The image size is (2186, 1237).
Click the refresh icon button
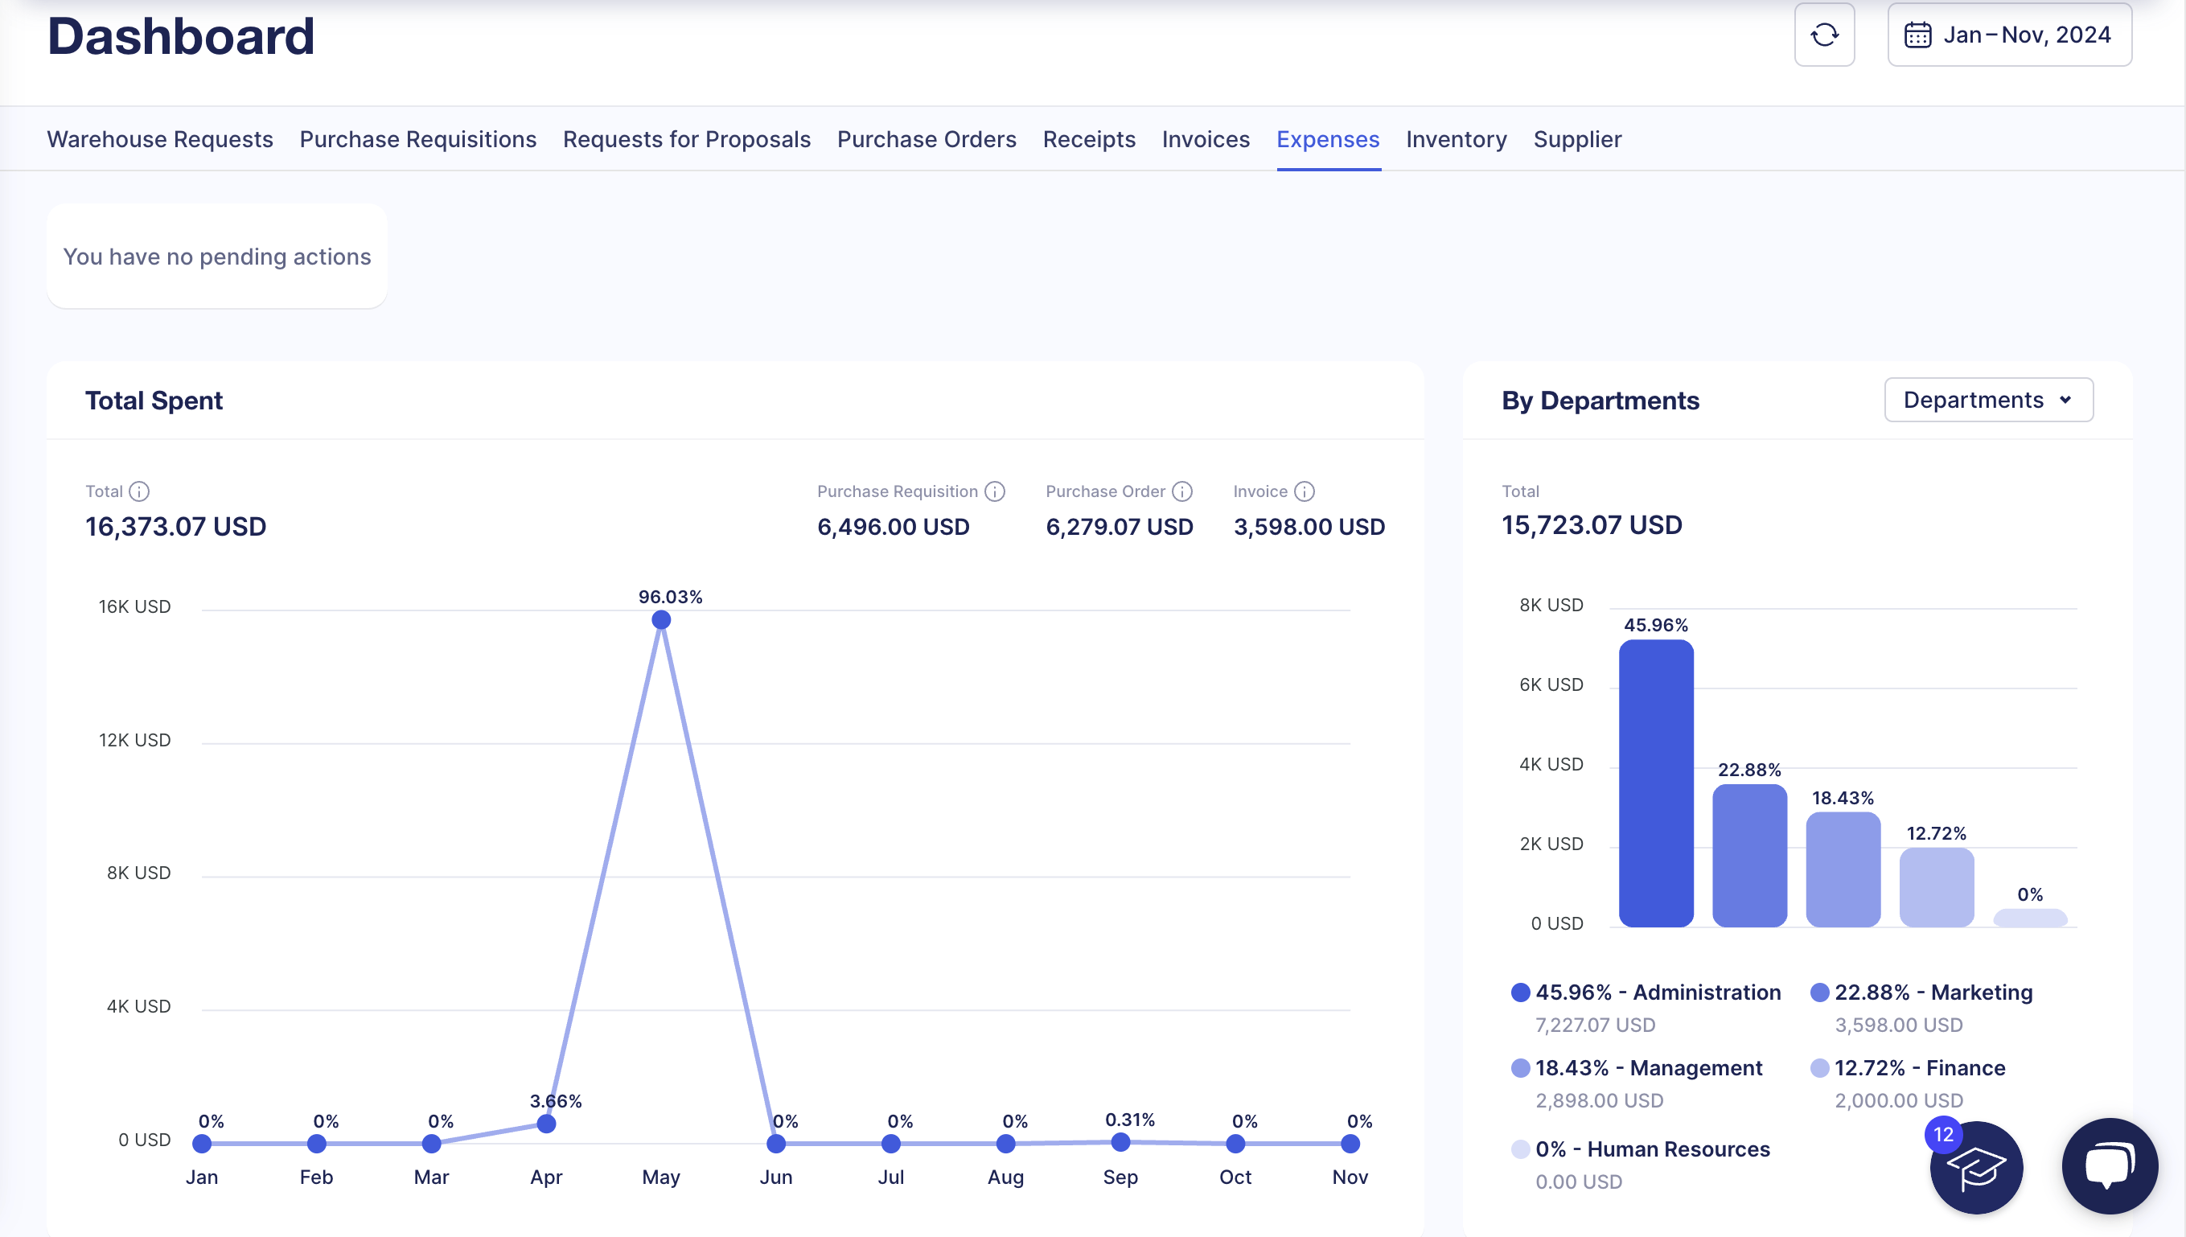pyautogui.click(x=1823, y=35)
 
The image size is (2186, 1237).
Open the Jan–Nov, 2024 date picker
pyautogui.click(x=2008, y=35)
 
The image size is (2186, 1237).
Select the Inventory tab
pyautogui.click(x=1456, y=139)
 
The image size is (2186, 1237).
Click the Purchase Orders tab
pyautogui.click(x=926, y=139)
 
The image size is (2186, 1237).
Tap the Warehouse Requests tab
pyautogui.click(x=160, y=139)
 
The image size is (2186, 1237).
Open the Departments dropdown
pyautogui.click(x=1987, y=401)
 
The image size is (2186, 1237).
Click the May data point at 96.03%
pyautogui.click(x=661, y=620)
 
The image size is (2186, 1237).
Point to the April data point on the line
pyautogui.click(x=546, y=1124)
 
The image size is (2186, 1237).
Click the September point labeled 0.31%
pyautogui.click(x=1120, y=1143)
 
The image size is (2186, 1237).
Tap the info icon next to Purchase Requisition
pyautogui.click(x=994, y=492)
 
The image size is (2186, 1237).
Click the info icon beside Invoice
pyautogui.click(x=1305, y=492)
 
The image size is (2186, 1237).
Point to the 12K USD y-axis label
pyautogui.click(x=134, y=740)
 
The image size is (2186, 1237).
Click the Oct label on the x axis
pyautogui.click(x=1235, y=1177)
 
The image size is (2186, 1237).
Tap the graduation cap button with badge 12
pyautogui.click(x=1975, y=1168)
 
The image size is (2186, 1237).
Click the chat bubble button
pyautogui.click(x=2109, y=1165)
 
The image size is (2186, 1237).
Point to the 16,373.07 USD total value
pyautogui.click(x=176, y=527)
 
